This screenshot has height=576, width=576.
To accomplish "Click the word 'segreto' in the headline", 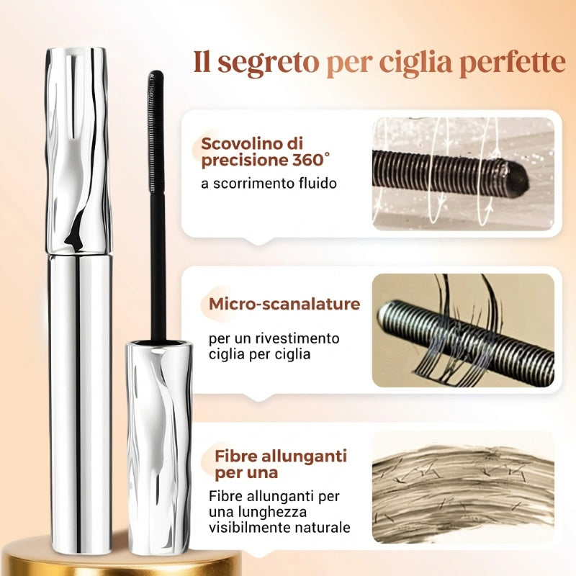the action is pos(268,63).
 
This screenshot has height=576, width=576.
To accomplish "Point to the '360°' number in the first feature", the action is pos(311,160).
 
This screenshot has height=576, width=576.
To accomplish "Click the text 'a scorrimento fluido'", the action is pos(269,184).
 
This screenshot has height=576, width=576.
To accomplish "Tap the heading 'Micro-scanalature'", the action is pos(284,304).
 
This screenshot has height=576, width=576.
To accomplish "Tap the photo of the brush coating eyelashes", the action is pos(463,330).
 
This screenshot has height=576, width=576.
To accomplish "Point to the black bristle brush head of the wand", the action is pos(156,132).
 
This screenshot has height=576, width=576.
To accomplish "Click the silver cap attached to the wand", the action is pos(159,447).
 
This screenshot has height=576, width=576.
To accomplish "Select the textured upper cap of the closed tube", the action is pos(78,150).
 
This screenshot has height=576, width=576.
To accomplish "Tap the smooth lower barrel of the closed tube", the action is pos(80,403).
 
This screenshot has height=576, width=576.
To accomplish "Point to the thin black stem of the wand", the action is pos(158,267).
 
